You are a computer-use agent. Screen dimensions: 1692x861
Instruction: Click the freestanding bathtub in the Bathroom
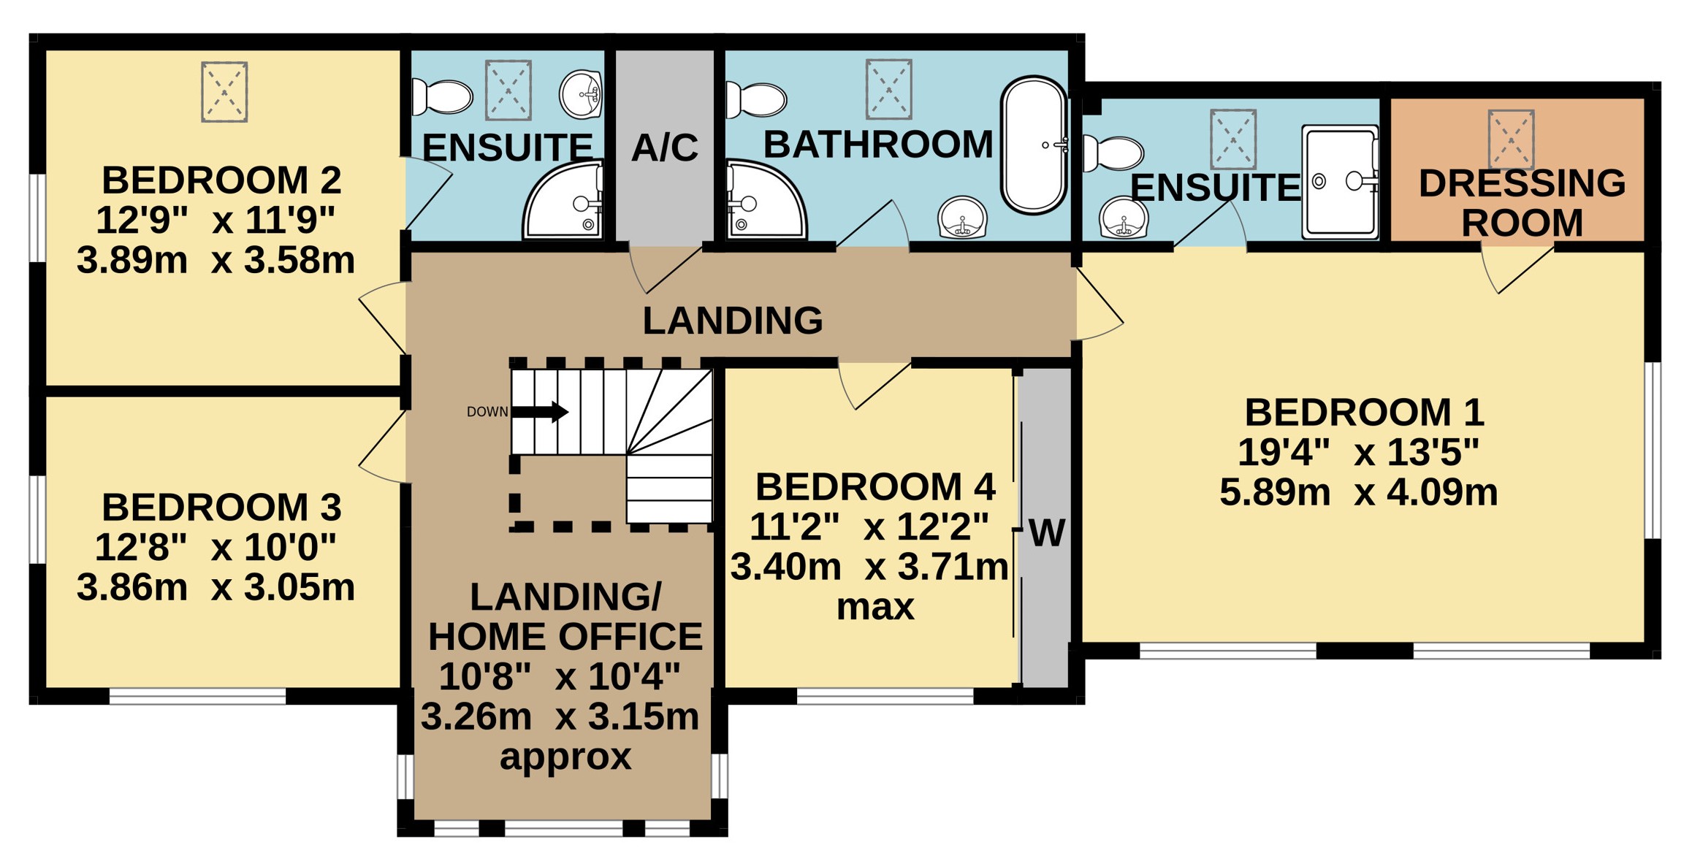tap(1034, 145)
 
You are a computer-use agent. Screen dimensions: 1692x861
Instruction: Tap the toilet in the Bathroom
tap(756, 99)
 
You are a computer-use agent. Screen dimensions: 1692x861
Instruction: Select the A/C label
tap(665, 148)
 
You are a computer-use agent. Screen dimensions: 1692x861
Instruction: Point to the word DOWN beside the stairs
tap(487, 412)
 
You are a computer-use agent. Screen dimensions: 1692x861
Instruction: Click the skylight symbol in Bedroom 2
tap(224, 92)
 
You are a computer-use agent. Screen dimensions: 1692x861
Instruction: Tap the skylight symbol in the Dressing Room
tap(1511, 139)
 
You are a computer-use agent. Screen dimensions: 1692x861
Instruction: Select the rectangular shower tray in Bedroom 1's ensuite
tap(1340, 182)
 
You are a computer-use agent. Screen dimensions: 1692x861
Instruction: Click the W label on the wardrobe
tap(1046, 533)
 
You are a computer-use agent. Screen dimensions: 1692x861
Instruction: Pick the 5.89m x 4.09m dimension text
tap(1359, 492)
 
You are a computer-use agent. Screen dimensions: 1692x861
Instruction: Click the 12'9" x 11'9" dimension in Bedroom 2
tap(216, 220)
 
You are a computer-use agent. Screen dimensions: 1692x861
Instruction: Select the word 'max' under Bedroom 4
tap(875, 608)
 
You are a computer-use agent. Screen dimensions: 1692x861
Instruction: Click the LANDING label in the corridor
tap(733, 321)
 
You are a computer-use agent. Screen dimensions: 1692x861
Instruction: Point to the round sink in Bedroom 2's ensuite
tap(581, 94)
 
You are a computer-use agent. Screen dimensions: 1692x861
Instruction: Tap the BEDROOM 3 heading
tap(221, 507)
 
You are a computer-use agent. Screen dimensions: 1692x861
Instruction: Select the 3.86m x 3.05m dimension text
tap(216, 587)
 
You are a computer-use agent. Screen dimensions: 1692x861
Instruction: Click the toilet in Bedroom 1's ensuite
tap(1113, 153)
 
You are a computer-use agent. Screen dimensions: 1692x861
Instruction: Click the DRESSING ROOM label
tap(1523, 202)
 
